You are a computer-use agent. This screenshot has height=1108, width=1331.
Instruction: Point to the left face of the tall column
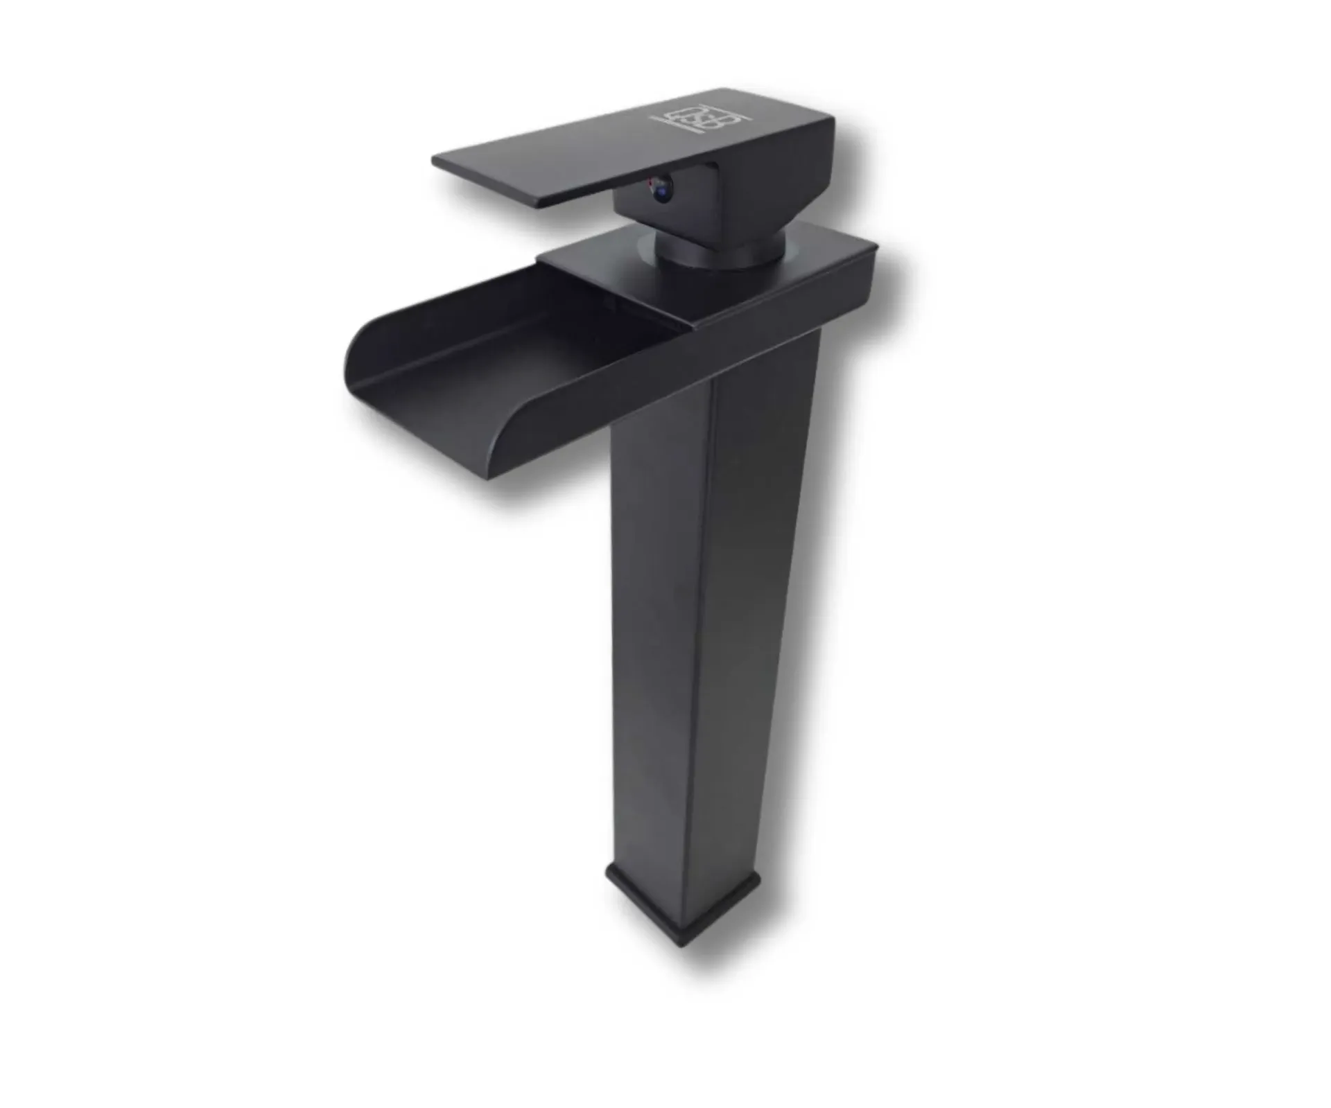coord(659,624)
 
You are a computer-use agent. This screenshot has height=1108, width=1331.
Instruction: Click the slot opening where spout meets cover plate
coord(624,305)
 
